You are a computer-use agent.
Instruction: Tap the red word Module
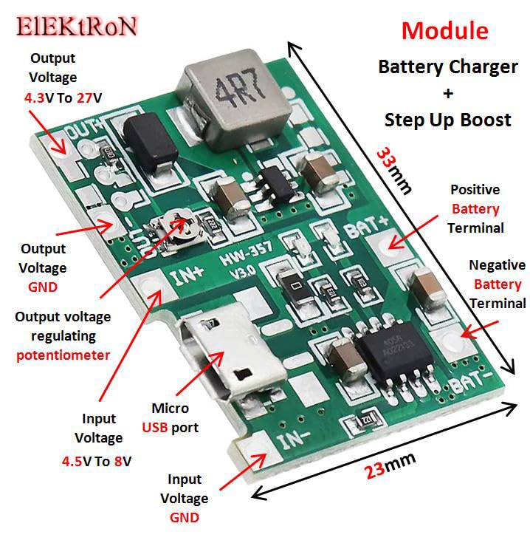point(444,31)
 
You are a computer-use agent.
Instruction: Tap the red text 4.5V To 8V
point(97,462)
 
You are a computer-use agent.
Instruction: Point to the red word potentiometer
point(63,355)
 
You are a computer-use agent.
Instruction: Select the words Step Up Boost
point(447,120)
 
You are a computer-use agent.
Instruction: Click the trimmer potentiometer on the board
point(179,223)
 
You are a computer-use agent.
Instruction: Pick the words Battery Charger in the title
point(447,66)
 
